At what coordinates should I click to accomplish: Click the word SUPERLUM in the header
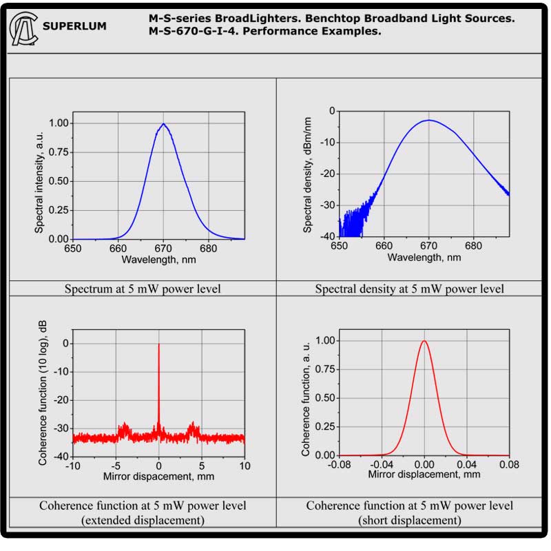[74, 27]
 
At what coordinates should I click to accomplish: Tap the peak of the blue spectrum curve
[163, 124]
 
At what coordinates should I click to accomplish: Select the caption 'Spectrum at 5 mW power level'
[143, 289]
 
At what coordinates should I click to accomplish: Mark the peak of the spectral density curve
[428, 120]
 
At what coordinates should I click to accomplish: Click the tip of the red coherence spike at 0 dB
[158, 344]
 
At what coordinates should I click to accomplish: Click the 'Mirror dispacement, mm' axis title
[157, 477]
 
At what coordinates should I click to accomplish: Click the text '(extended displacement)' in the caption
[143, 520]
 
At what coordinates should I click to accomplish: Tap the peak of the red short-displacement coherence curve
[424, 341]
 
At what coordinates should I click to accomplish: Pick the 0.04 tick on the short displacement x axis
[467, 466]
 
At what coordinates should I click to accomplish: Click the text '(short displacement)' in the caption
[409, 520]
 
